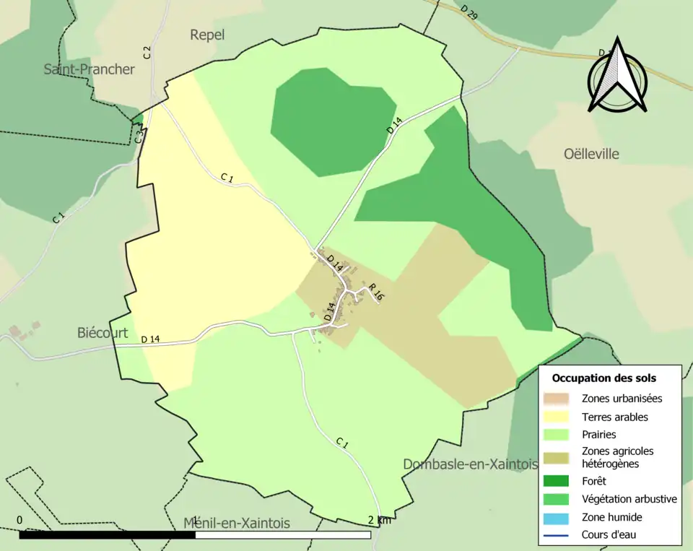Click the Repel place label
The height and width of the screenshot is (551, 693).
[207, 35]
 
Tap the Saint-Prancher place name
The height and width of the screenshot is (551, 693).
[89, 69]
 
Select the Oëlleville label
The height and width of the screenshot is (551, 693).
[591, 154]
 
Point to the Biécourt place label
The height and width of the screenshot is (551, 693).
[103, 333]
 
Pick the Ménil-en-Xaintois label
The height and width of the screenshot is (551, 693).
[236, 523]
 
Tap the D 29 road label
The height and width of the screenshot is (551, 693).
[468, 12]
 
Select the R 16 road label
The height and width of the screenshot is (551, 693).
[375, 292]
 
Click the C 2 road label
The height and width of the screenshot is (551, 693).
[147, 52]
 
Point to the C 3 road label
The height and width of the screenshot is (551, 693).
[139, 134]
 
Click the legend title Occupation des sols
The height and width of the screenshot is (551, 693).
[603, 378]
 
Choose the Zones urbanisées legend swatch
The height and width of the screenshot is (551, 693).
[558, 398]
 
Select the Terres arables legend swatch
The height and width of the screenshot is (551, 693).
[558, 417]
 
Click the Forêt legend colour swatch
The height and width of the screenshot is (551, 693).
[558, 480]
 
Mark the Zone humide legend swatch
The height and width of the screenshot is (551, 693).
[558, 517]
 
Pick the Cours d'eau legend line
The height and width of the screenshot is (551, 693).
[558, 535]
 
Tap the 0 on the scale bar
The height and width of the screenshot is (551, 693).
[19, 520]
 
